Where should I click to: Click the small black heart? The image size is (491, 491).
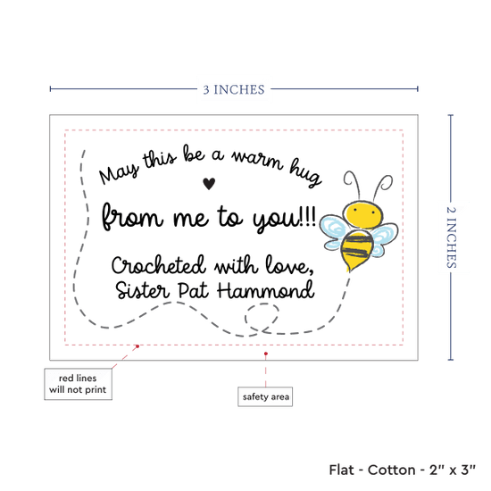[209, 183]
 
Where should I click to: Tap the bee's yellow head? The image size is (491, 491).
[363, 214]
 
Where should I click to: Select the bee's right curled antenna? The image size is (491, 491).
[383, 185]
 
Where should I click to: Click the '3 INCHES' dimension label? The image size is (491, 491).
[234, 89]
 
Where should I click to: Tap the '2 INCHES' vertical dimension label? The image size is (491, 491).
[451, 237]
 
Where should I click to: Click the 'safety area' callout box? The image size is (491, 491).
[265, 396]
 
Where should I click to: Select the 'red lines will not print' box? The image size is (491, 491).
[78, 384]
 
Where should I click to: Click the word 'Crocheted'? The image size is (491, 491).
[158, 265]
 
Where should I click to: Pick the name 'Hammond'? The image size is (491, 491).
[265, 289]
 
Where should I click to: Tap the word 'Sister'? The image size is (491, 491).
[143, 290]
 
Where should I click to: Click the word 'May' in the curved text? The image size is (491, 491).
[119, 174]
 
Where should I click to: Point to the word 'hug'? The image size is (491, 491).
[305, 172]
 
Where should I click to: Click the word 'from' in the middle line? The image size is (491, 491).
[132, 217]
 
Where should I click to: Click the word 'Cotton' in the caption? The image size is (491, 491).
[391, 470]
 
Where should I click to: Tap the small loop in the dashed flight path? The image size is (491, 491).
[262, 317]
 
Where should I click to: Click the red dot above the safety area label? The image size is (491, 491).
[265, 354]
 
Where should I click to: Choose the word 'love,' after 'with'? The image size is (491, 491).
[289, 265]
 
